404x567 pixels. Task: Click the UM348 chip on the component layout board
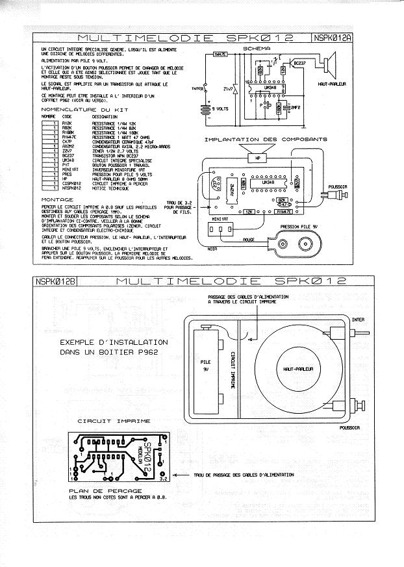(268, 183)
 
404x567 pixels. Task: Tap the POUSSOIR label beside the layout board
(357, 186)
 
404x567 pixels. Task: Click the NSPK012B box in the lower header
(56, 281)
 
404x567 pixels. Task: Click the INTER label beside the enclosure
(358, 320)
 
